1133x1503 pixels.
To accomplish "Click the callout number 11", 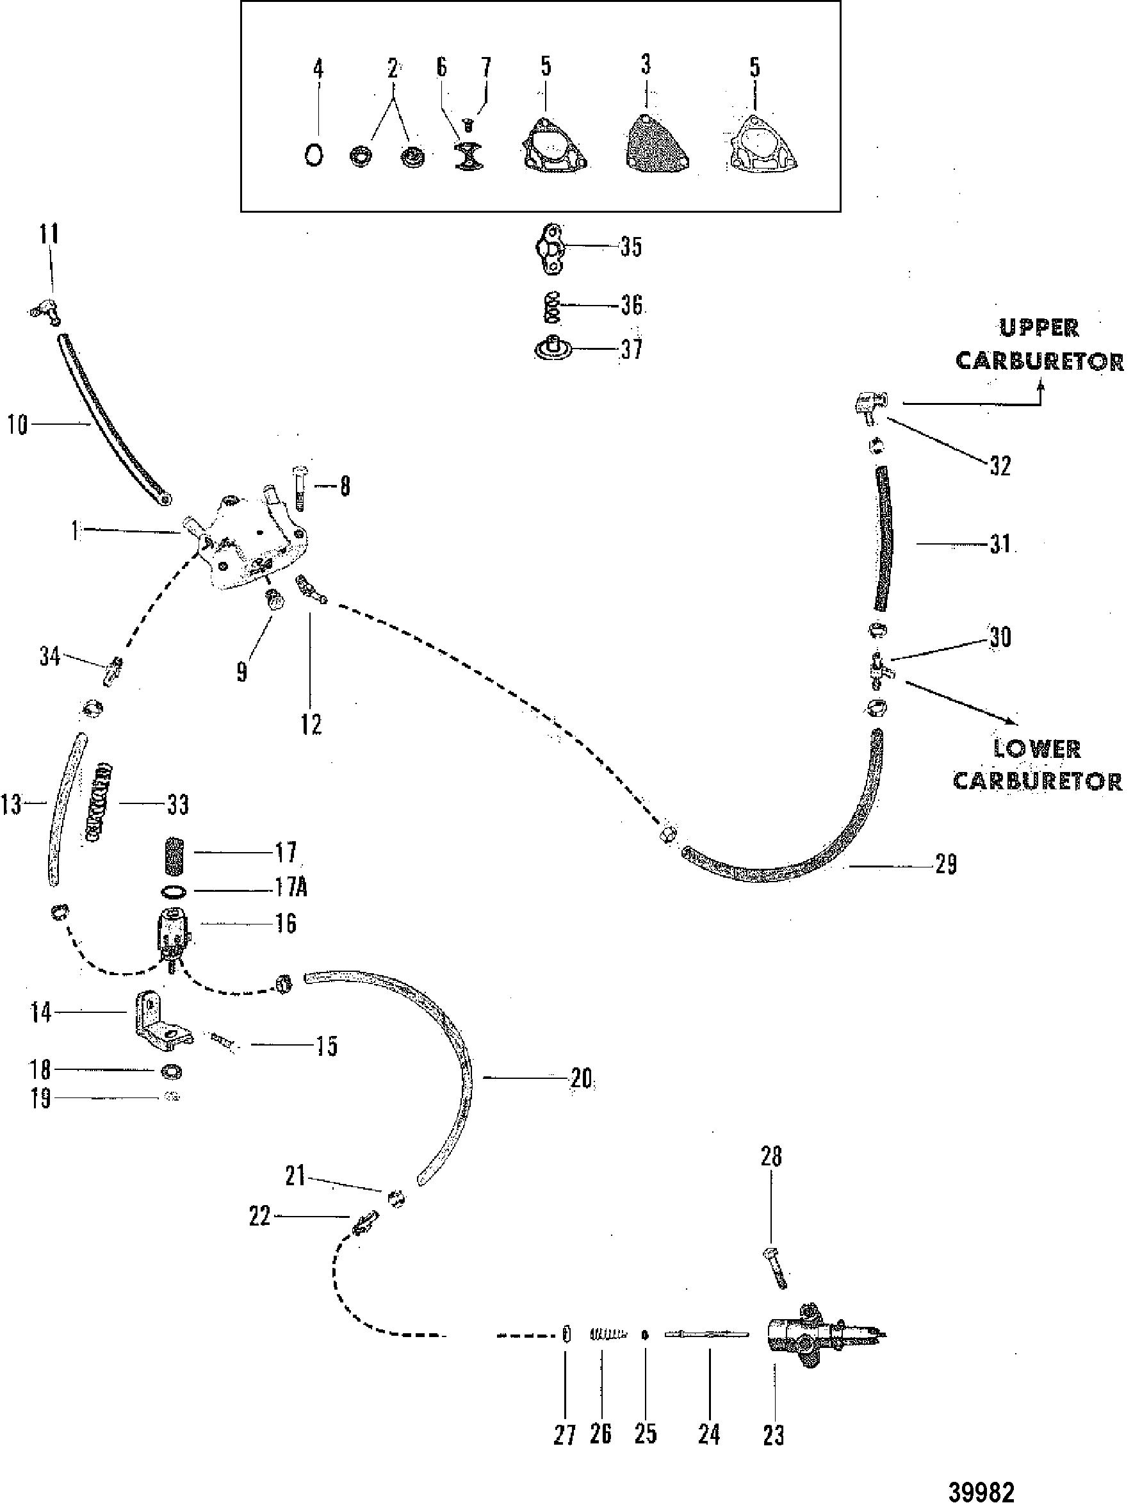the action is click(x=48, y=234).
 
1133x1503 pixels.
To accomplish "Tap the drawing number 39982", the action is click(x=981, y=1488).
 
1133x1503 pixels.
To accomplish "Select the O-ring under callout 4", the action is click(x=313, y=156).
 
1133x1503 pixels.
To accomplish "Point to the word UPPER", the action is click(x=1039, y=327).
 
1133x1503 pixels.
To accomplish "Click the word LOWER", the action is click(x=1036, y=749).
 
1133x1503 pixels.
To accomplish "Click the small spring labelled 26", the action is click(x=607, y=1335).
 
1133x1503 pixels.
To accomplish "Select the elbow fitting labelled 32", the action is click(x=865, y=406).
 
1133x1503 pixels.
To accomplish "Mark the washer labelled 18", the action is click(x=170, y=1072).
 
